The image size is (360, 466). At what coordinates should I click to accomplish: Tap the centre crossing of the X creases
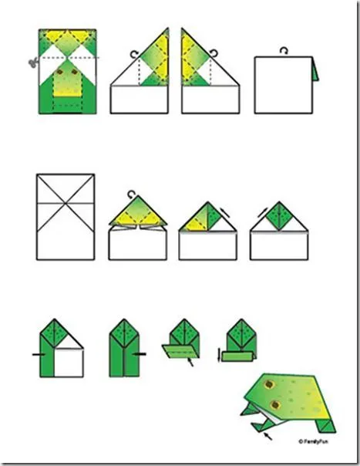click(x=66, y=203)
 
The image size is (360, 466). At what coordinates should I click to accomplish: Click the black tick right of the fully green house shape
click(x=141, y=354)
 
